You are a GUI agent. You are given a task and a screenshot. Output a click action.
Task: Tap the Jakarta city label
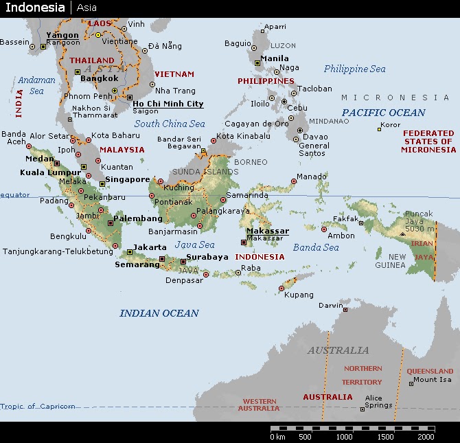[150, 247]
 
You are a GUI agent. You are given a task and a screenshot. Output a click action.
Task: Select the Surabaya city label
[208, 257]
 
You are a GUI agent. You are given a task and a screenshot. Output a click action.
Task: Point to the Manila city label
[275, 58]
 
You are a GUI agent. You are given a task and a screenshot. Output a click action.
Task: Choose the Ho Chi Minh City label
[168, 104]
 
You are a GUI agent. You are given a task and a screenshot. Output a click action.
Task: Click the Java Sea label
[194, 245]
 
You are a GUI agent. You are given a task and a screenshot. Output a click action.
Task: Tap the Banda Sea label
[316, 247]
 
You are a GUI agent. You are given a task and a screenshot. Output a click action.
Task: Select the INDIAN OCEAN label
[159, 313]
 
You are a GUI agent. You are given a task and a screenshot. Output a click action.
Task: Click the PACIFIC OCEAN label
[384, 113]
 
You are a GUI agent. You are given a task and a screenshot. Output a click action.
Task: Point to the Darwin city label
[331, 306]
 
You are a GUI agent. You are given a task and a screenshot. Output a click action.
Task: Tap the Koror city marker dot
[379, 129]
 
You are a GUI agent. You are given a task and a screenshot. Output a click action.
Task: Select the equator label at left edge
[15, 195]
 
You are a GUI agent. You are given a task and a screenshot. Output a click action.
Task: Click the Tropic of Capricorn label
[38, 406]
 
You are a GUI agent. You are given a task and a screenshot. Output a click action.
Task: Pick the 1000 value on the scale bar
[344, 436]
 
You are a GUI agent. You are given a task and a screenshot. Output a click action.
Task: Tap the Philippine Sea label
[354, 69]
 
